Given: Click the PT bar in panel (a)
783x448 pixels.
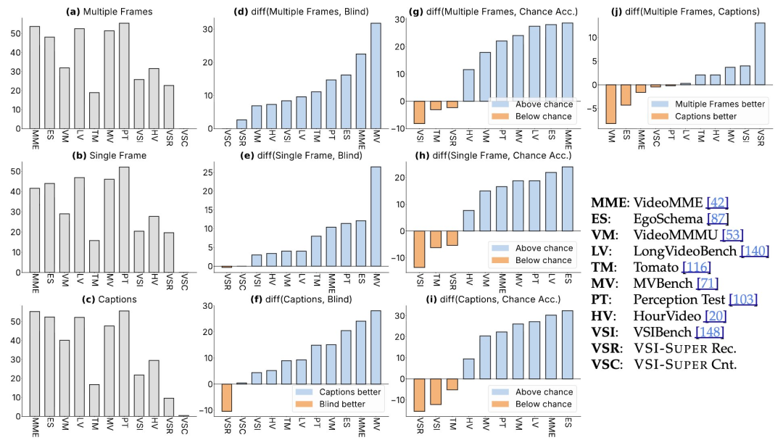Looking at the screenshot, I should pos(124,76).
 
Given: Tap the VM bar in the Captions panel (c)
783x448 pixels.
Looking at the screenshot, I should pos(64,378).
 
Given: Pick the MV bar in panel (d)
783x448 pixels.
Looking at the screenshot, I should pos(376,76).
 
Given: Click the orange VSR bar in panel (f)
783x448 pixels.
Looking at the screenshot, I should pos(226,397).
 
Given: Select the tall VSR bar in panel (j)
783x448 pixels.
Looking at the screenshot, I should pos(759,54).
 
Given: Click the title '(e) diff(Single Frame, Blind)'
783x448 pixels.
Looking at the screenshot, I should pos(302,155).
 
